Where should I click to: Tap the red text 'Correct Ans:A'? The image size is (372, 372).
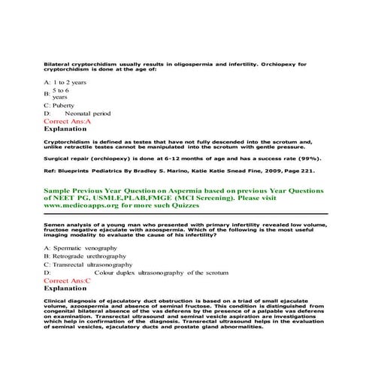coord(68,120)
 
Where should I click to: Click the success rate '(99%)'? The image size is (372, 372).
coord(315,159)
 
